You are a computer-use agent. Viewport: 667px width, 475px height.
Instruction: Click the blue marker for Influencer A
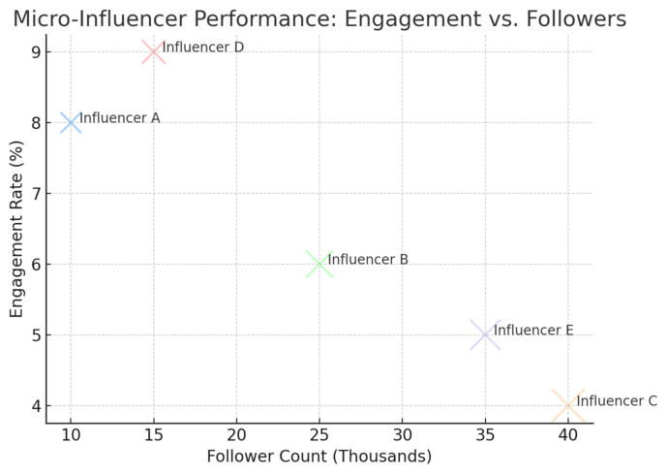pyautogui.click(x=71, y=122)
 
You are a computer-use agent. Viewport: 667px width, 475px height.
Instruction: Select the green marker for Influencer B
pyautogui.click(x=319, y=264)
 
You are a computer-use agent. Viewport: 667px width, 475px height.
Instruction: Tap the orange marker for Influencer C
pyautogui.click(x=568, y=405)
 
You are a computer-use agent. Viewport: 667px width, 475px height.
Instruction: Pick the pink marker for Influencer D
pyautogui.click(x=153, y=51)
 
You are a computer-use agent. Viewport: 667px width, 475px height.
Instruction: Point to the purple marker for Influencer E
pyautogui.click(x=485, y=334)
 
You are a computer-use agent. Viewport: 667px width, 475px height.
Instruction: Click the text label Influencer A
pyautogui.click(x=119, y=118)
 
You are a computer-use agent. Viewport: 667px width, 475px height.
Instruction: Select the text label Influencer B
pyautogui.click(x=368, y=260)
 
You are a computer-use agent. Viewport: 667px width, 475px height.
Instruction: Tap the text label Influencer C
pyautogui.click(x=617, y=401)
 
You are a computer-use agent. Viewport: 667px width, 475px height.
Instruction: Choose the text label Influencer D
pyautogui.click(x=202, y=47)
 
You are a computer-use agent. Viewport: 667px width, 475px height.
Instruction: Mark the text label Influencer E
pyautogui.click(x=533, y=331)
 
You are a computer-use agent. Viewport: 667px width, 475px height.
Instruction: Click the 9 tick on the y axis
pyautogui.click(x=36, y=51)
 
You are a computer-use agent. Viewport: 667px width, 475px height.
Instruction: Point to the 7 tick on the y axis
pyautogui.click(x=36, y=193)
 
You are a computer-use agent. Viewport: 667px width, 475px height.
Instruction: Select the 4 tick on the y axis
pyautogui.click(x=36, y=406)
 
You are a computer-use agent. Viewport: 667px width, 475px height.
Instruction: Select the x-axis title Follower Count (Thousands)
pyautogui.click(x=319, y=456)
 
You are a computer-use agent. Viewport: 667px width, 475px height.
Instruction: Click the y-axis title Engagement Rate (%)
pyautogui.click(x=17, y=229)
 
